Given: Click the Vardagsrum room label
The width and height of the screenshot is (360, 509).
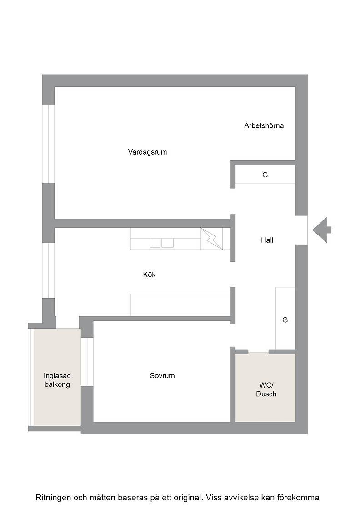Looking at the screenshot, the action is pyautogui.click(x=147, y=152).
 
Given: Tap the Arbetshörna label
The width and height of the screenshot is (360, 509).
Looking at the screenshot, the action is pyautogui.click(x=264, y=125).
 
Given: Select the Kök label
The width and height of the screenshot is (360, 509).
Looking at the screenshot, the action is pyautogui.click(x=150, y=274).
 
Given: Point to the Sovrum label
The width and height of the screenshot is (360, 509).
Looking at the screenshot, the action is pyautogui.click(x=162, y=375).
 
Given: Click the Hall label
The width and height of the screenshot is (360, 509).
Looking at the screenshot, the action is pyautogui.click(x=267, y=240).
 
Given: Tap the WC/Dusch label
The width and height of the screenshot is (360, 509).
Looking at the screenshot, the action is pyautogui.click(x=266, y=389).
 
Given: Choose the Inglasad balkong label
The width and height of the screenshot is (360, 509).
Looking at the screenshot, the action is pyautogui.click(x=57, y=380).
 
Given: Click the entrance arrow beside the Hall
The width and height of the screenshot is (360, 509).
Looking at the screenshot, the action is pyautogui.click(x=322, y=230).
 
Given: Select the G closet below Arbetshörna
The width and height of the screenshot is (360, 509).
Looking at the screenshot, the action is pyautogui.click(x=265, y=175).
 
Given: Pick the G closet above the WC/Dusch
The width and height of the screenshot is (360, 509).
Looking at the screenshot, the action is pyautogui.click(x=285, y=319).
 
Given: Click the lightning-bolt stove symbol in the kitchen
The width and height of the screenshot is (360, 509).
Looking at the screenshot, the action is pyautogui.click(x=211, y=239).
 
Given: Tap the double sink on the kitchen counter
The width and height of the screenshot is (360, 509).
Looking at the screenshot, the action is pyautogui.click(x=162, y=243).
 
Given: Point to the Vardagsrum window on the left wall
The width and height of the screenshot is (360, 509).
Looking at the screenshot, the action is pyautogui.click(x=48, y=144).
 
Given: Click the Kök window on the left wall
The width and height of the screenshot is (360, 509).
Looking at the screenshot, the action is pyautogui.click(x=48, y=270).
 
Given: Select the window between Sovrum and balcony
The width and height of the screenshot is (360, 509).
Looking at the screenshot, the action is pyautogui.click(x=87, y=362).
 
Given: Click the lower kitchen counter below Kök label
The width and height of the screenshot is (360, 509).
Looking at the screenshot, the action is pyautogui.click(x=180, y=305).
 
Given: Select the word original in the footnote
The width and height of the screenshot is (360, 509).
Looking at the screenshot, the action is pyautogui.click(x=189, y=498).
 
